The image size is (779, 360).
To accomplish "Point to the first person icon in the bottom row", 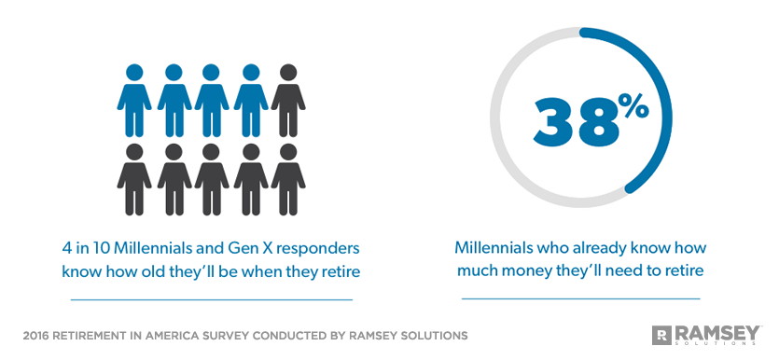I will click(x=134, y=178).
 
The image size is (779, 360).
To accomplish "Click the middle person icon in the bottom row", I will click(x=212, y=178).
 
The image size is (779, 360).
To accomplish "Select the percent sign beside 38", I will click(x=633, y=107).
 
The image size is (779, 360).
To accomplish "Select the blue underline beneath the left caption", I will click(x=212, y=299).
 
